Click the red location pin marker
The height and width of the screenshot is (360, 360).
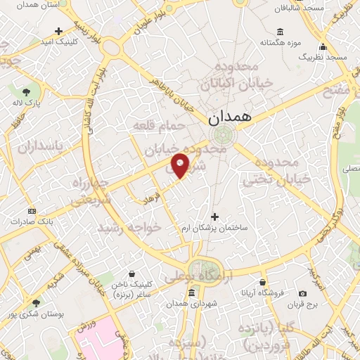[181, 165]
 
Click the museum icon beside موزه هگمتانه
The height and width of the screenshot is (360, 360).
[281, 32]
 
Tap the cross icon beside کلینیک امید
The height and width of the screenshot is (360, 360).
[58, 32]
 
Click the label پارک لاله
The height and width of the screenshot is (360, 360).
[26, 103]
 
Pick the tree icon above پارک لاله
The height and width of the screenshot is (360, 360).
[26, 92]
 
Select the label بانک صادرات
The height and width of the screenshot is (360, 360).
[31, 221]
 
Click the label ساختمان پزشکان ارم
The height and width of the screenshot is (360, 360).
[215, 229]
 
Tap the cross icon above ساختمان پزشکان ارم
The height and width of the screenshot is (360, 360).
[215, 217]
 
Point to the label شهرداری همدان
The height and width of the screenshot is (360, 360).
[189, 304]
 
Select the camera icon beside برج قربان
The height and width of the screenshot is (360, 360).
[303, 293]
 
